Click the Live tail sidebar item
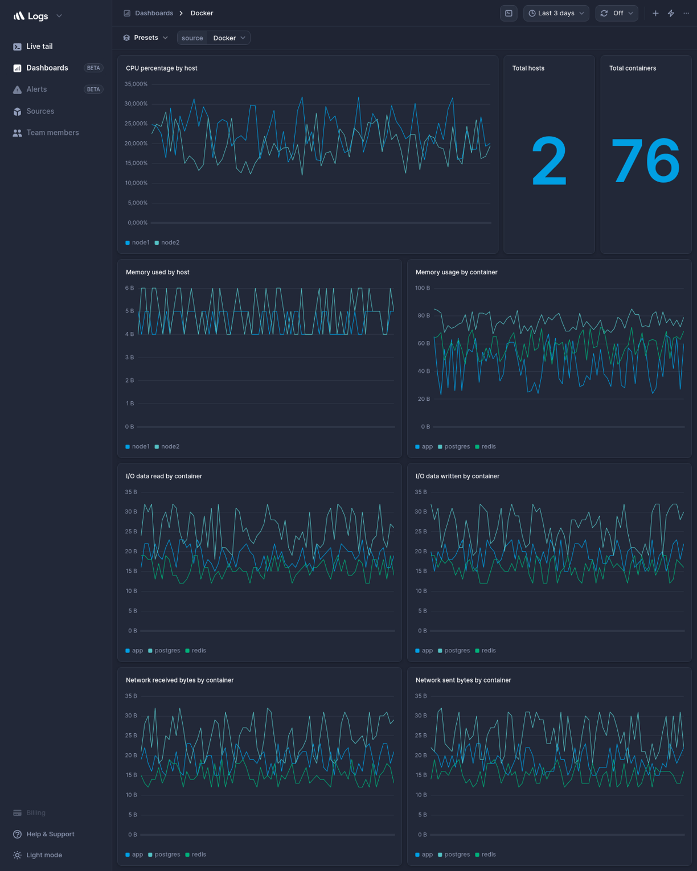[39, 47]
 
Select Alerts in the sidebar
[36, 89]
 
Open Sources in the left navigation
[40, 111]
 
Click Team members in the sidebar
[52, 133]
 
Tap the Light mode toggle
[44, 855]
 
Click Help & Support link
[50, 834]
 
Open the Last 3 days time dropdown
[556, 13]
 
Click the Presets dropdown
[146, 38]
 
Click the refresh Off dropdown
[617, 13]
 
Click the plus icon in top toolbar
[655, 13]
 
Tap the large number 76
[645, 162]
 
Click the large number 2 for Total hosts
[549, 162]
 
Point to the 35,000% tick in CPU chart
[136, 84]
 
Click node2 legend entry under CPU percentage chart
[170, 243]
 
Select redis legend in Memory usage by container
[488, 447]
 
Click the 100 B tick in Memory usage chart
[423, 288]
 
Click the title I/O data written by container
[457, 476]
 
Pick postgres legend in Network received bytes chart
[167, 854]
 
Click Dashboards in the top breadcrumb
[154, 13]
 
